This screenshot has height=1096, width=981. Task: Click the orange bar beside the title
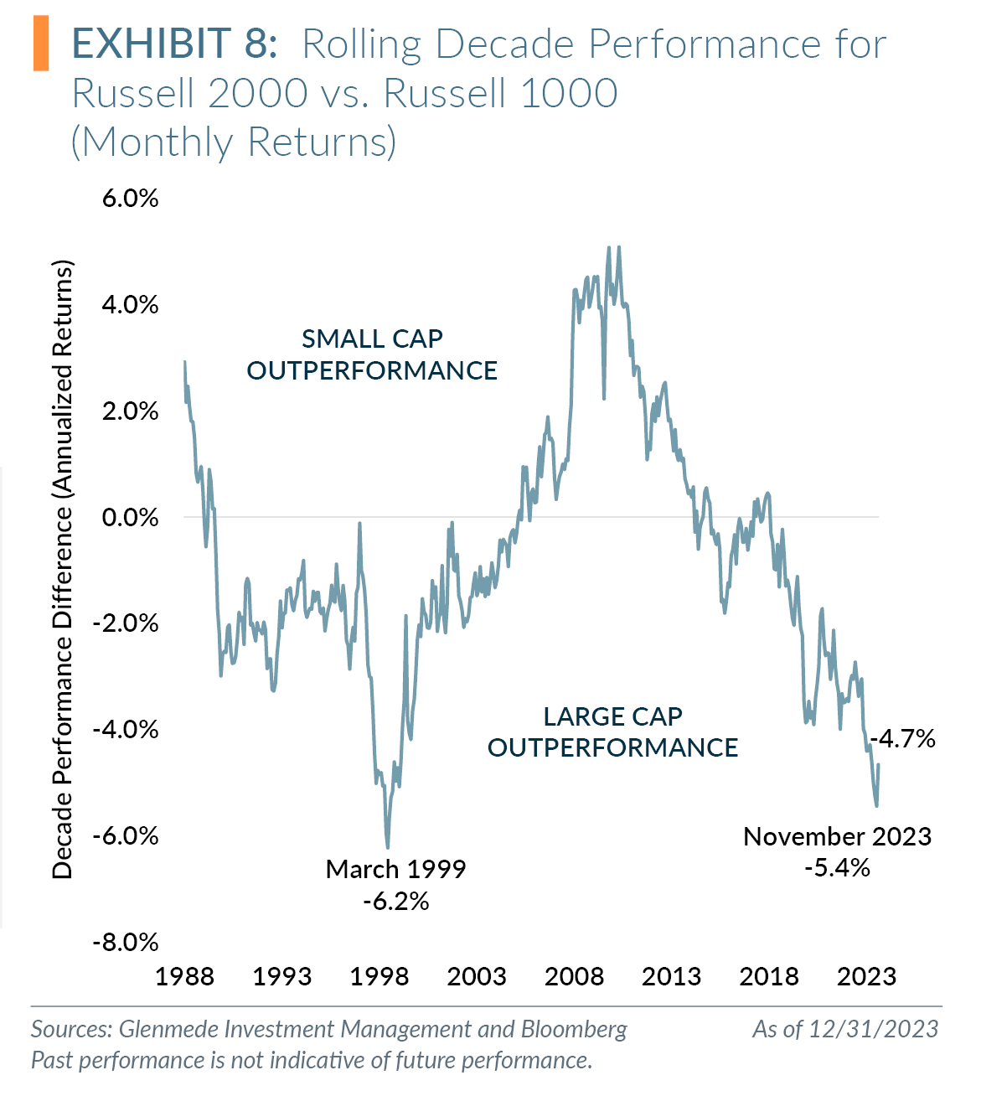(41, 44)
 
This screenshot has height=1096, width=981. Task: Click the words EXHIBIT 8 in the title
(174, 44)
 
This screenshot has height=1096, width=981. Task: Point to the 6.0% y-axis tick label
(131, 199)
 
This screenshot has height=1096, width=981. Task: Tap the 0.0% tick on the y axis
(131, 517)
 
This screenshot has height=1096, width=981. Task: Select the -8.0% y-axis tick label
(126, 943)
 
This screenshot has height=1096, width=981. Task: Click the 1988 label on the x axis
(185, 976)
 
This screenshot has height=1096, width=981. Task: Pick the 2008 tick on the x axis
(574, 976)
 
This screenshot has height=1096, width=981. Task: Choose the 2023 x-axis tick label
(866, 976)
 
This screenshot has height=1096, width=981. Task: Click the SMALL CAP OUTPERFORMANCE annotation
(372, 354)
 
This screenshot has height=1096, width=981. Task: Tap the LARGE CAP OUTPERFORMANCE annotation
(612, 732)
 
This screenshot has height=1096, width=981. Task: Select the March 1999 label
(395, 869)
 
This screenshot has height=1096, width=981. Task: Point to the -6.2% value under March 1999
(396, 902)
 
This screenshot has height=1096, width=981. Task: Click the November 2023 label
(837, 836)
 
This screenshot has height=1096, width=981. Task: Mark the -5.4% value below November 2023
(837, 868)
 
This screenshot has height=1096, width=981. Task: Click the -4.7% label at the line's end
(903, 738)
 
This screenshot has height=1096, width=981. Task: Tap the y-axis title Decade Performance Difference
(64, 570)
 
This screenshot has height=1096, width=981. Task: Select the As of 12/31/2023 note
(845, 1029)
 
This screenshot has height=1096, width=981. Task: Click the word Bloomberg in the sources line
(574, 1029)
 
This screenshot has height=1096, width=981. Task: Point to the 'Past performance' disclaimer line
(312, 1060)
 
